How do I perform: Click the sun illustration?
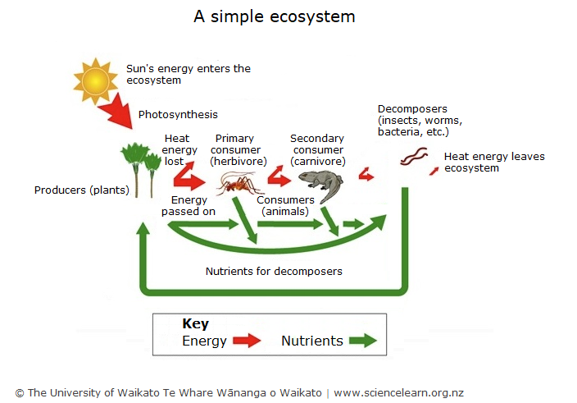96,80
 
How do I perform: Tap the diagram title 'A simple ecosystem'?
274,16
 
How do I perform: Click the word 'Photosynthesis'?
178,115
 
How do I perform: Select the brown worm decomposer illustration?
414,156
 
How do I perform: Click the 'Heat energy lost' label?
180,150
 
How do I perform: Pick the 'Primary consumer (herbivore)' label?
235,150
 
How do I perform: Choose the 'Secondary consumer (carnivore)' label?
317,150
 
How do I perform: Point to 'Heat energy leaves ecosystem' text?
493,163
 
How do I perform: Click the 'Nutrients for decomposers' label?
274,271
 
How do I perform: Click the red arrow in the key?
246,341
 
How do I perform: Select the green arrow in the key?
361,341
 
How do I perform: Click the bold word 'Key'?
195,324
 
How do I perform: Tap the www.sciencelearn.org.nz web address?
398,393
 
